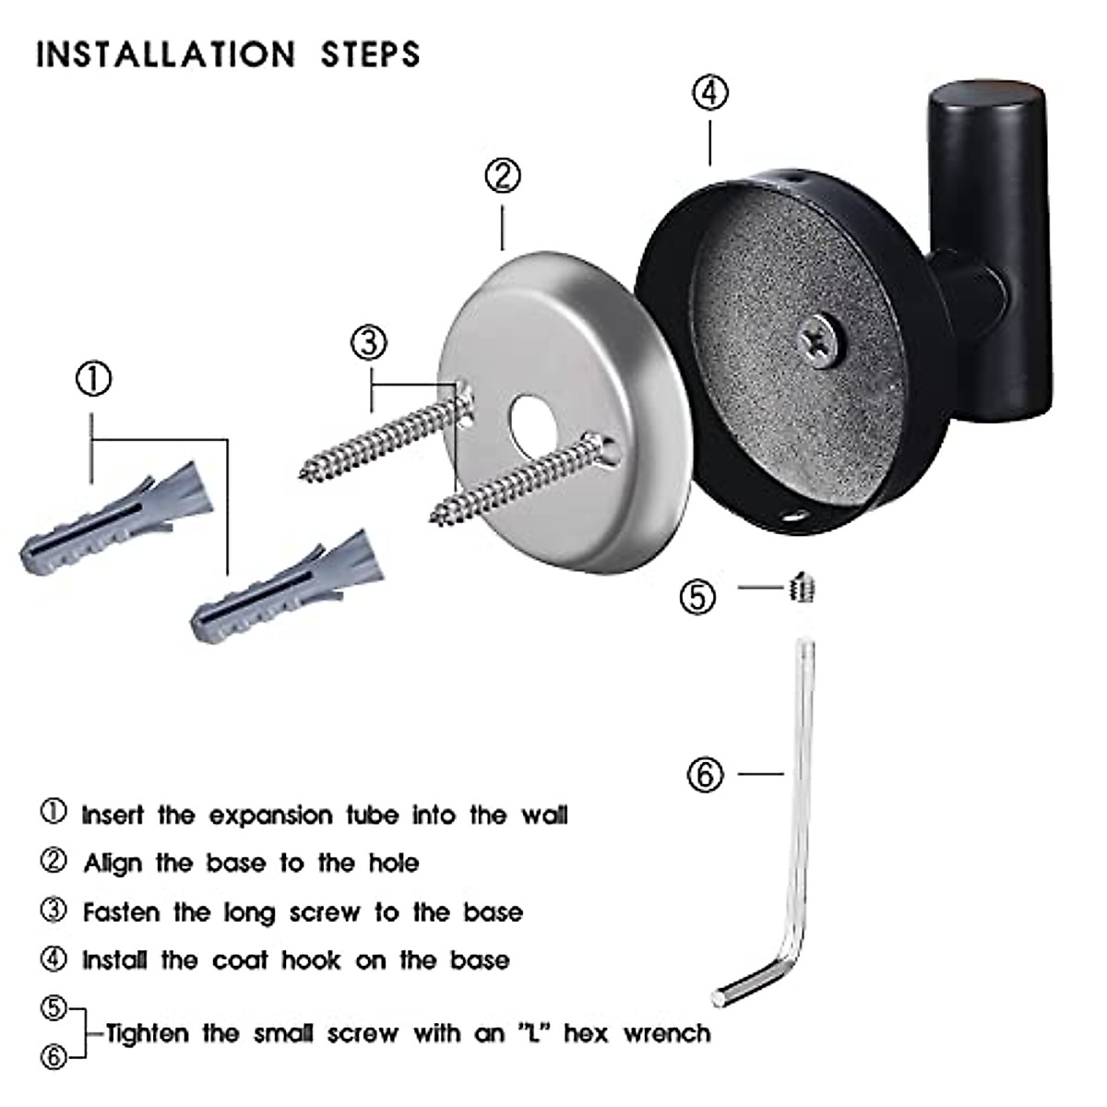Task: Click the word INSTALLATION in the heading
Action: pos(166,54)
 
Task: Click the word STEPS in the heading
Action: pos(370,54)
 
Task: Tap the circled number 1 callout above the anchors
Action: pos(92,379)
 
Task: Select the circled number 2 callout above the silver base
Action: pos(503,175)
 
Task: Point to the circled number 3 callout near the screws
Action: pos(369,343)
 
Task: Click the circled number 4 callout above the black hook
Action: pos(709,92)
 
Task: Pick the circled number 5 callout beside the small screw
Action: pos(697,596)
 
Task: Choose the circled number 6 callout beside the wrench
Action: pos(706,774)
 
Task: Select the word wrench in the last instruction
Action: pos(667,1033)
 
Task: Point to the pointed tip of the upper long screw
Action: pos(304,475)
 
